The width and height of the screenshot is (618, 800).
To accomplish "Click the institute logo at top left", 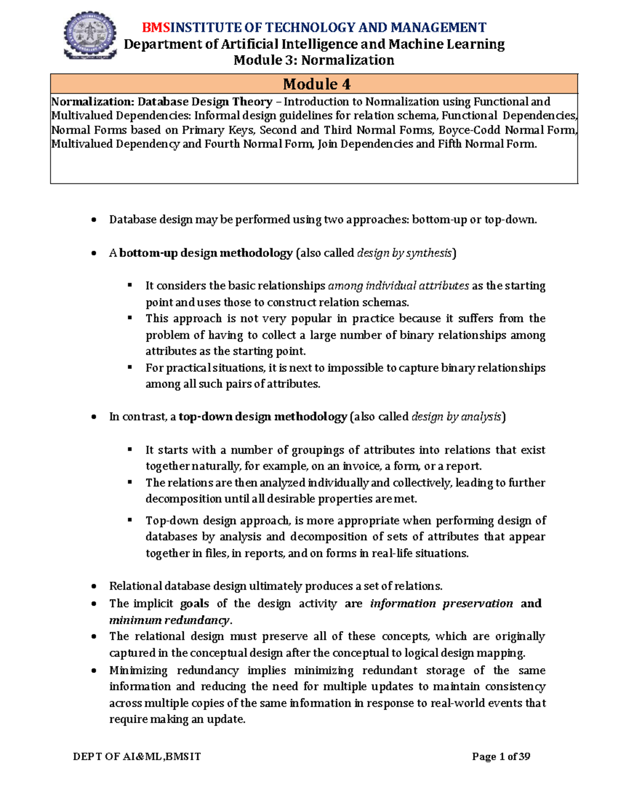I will coord(90,36).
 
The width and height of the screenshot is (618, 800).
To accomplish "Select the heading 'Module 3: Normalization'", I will coord(314,60).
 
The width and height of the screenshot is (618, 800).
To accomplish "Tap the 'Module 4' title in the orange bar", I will coord(316,84).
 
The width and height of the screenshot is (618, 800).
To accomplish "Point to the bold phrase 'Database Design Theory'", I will coord(205,101).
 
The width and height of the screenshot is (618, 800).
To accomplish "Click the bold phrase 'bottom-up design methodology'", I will coord(206,253).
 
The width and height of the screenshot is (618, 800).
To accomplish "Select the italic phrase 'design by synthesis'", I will coord(404,253).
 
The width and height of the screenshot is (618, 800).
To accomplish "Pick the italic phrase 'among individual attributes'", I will coord(398,286).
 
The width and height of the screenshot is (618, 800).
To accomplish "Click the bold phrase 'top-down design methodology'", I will coord(263,417).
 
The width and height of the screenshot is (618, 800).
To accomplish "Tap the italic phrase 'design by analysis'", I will coord(456,417).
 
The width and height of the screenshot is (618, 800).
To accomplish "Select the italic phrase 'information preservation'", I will coord(441,603).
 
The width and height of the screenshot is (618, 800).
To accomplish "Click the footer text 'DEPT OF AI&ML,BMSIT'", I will coord(137,756).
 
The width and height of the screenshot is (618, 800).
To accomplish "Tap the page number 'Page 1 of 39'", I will coord(501,756).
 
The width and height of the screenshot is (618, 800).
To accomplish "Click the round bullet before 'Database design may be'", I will coord(93,220).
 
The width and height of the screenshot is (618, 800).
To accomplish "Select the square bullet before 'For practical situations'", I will coord(130,367).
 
